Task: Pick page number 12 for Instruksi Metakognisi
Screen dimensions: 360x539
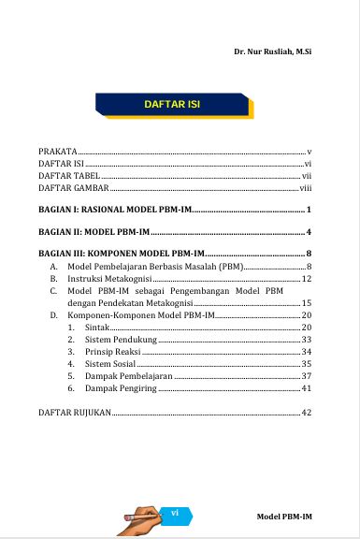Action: click(x=306, y=279)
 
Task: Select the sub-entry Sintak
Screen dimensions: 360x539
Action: click(x=97, y=328)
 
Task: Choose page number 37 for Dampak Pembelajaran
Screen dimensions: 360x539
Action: click(x=306, y=376)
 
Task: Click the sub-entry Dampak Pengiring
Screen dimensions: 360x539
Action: click(x=121, y=388)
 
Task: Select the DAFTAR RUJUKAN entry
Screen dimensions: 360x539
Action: click(x=74, y=413)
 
